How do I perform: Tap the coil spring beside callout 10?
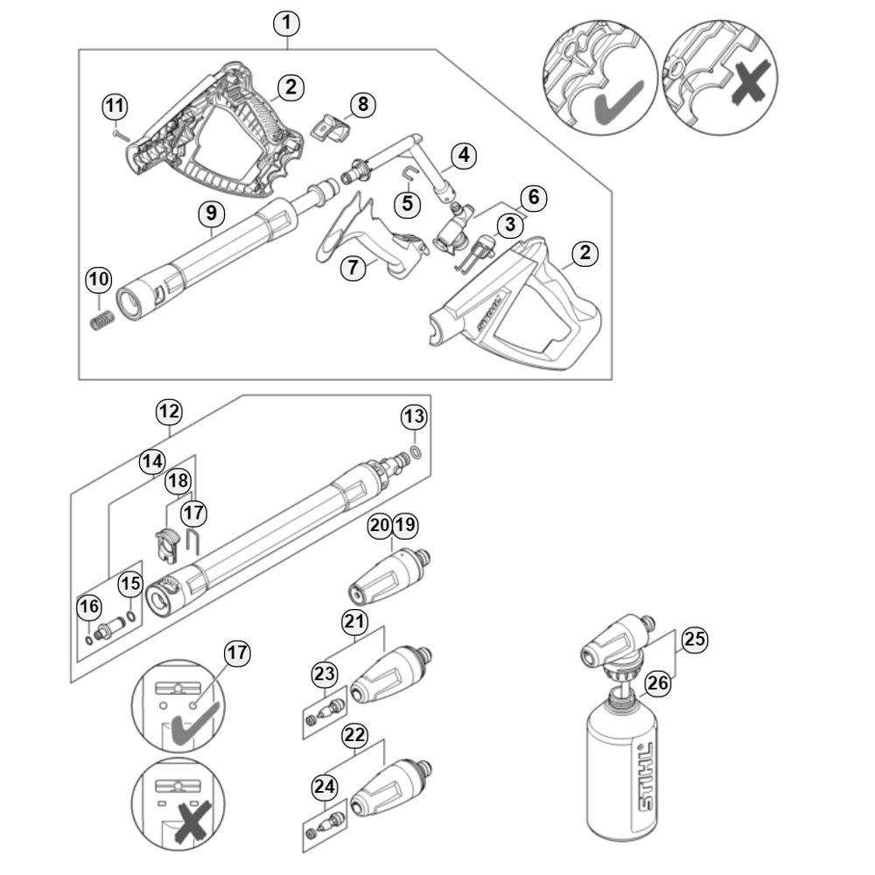(103, 318)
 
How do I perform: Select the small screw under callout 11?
(119, 135)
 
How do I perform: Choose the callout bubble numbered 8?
(361, 105)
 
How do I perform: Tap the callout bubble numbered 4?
(464, 156)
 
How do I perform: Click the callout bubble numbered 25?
(694, 640)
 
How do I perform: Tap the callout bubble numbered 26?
(657, 683)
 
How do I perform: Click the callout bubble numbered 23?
(325, 674)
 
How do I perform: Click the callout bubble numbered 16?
(91, 605)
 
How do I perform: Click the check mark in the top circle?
(619, 101)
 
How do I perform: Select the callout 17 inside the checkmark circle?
(237, 653)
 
